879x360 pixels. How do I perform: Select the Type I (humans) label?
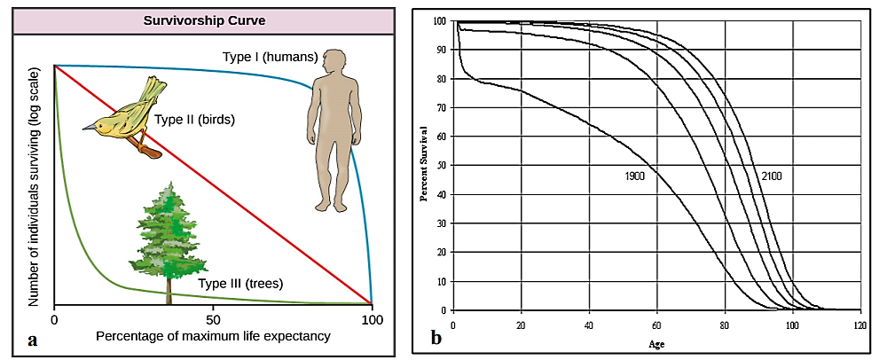[270, 58]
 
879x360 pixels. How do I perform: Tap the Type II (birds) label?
[194, 119]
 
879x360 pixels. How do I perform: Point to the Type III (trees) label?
[240, 284]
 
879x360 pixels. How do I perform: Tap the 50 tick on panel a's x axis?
[213, 319]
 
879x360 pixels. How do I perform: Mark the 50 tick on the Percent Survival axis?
[443, 166]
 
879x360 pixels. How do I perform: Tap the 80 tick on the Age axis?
[725, 325]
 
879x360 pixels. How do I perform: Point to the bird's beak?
[87, 127]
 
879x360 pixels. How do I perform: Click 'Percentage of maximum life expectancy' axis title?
[213, 336]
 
